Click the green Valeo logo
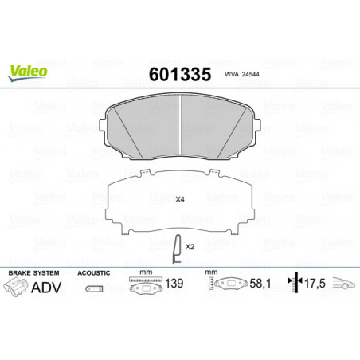(x=27, y=72)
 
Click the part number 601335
(x=180, y=75)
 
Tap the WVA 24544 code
(x=242, y=75)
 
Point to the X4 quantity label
(x=180, y=199)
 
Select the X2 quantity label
(x=190, y=247)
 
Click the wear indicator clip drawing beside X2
(x=177, y=249)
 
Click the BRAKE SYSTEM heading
(x=33, y=273)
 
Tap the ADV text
(x=46, y=287)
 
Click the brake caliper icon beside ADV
(x=16, y=287)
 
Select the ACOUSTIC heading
(x=94, y=273)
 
